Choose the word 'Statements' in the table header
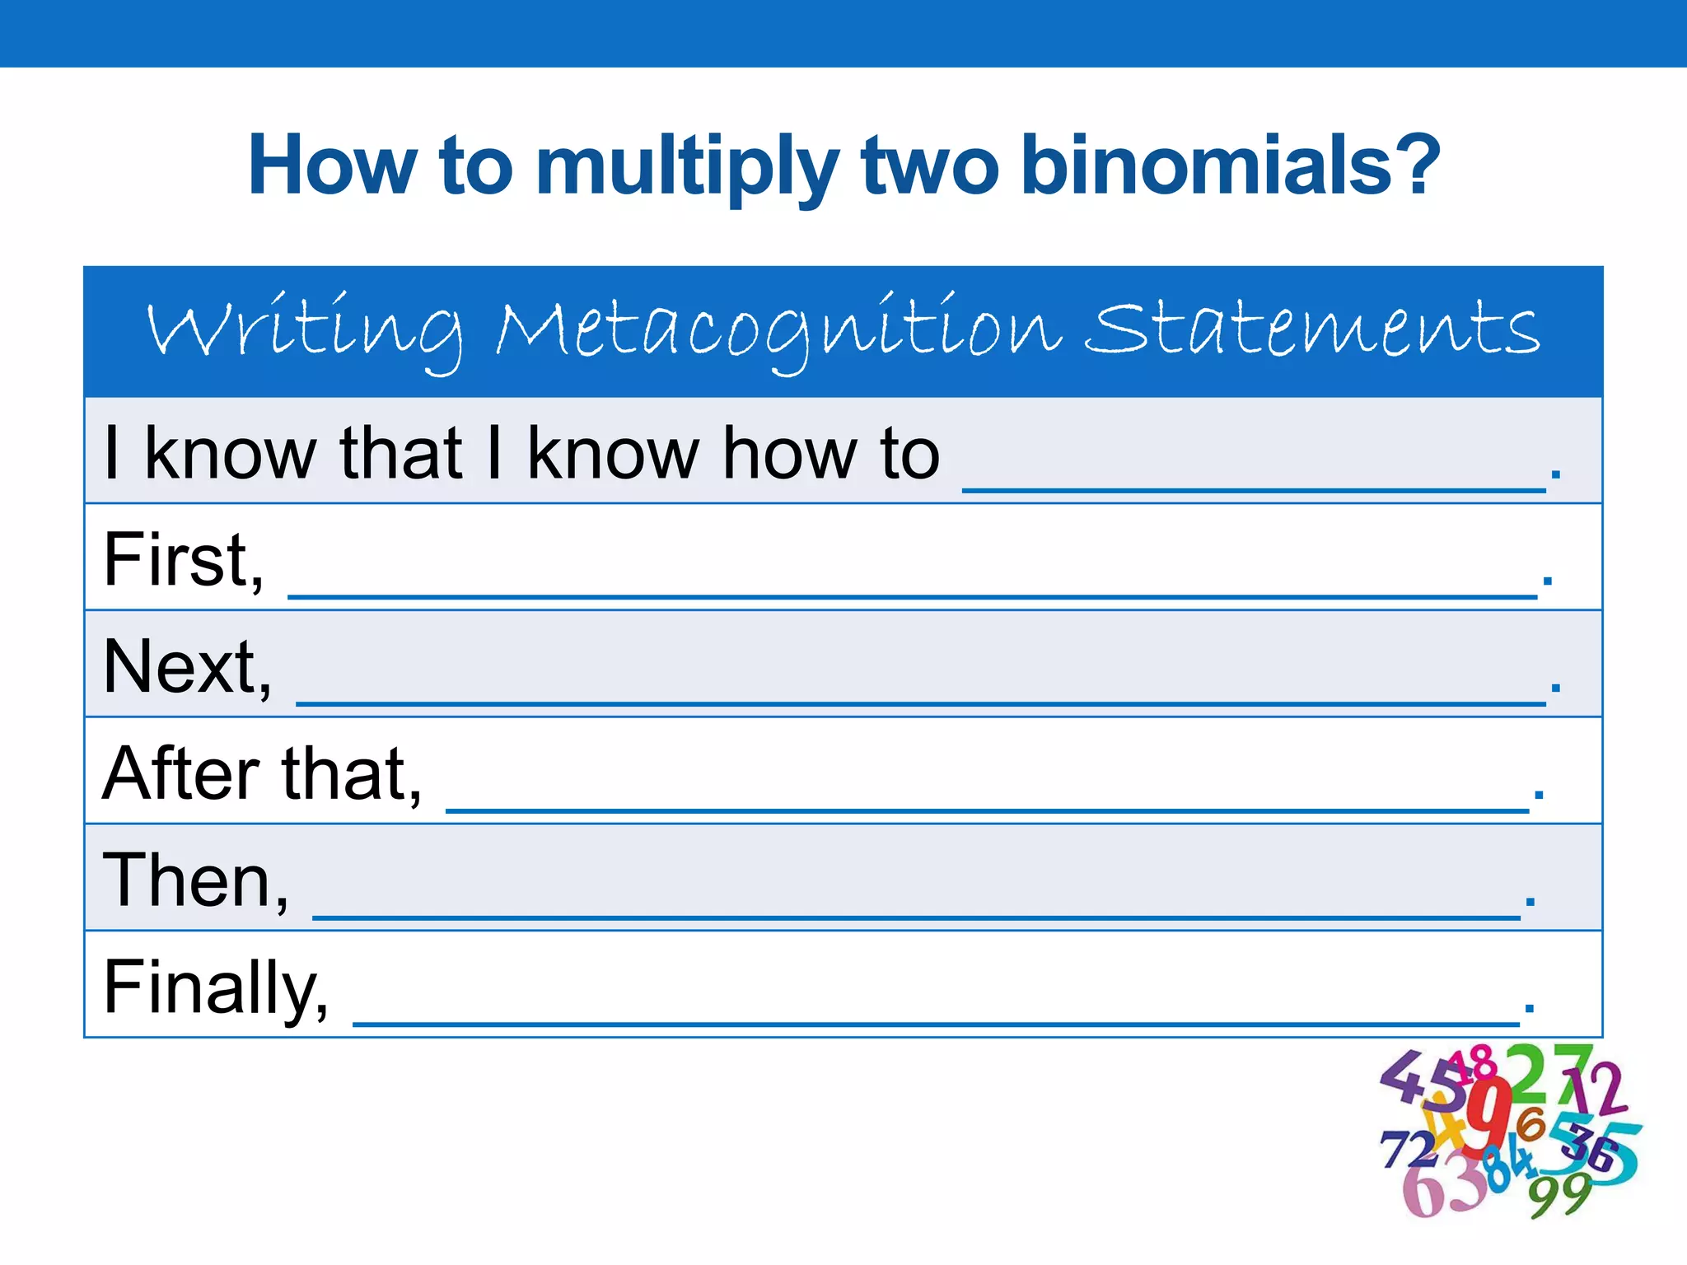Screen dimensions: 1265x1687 click(x=1311, y=329)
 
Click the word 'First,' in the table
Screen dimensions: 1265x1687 click(x=184, y=560)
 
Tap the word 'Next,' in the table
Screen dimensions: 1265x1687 click(x=187, y=667)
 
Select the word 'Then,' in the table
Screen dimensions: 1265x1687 click(x=195, y=881)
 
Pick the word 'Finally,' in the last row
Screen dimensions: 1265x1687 click(x=216, y=988)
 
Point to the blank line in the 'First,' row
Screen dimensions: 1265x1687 click(x=912, y=594)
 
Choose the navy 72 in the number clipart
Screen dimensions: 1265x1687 click(x=1409, y=1148)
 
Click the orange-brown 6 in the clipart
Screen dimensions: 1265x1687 click(x=1530, y=1123)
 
